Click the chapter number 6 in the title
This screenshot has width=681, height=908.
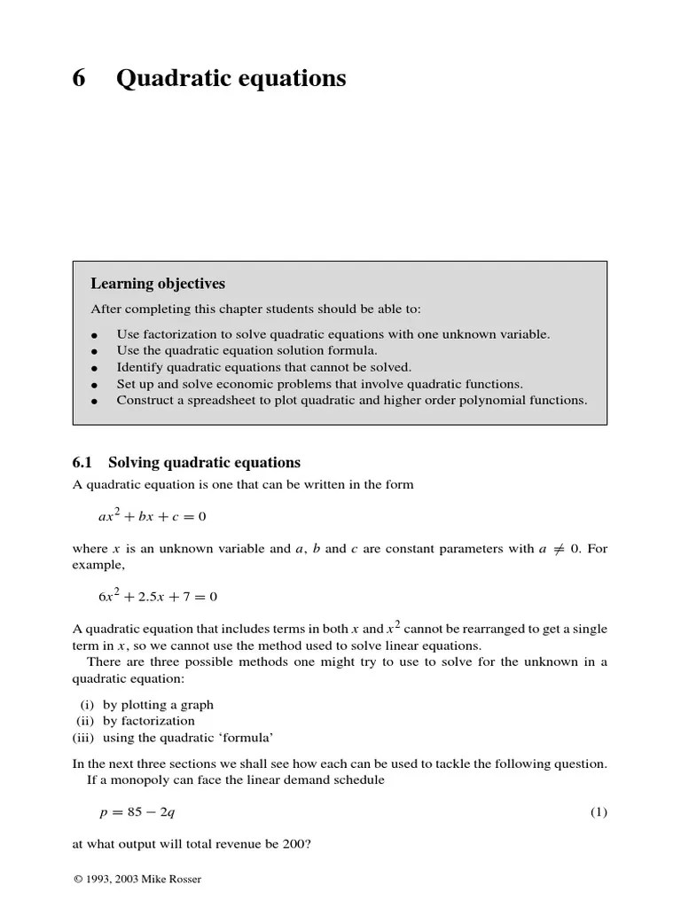click(79, 79)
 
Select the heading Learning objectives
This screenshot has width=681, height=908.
click(158, 284)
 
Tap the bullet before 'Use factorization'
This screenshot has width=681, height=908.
click(94, 335)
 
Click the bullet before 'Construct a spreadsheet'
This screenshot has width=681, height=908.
click(94, 401)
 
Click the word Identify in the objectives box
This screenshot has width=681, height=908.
click(139, 367)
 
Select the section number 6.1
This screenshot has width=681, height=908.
click(82, 463)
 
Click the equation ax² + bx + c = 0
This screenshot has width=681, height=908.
click(152, 516)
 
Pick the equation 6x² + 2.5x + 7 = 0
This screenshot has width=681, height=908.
click(157, 597)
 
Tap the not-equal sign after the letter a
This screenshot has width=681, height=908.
click(559, 549)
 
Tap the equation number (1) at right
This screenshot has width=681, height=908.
click(599, 812)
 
